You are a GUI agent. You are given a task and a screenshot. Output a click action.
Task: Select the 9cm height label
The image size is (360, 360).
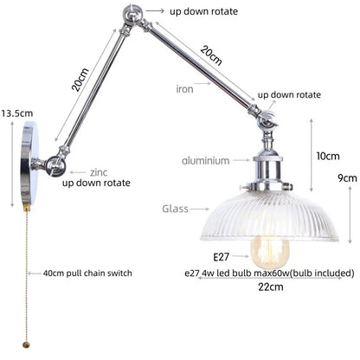click(x=347, y=178)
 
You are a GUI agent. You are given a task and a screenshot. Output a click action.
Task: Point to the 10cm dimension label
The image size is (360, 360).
click(x=327, y=157)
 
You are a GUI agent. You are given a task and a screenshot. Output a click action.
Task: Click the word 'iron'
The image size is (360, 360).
click(x=185, y=89)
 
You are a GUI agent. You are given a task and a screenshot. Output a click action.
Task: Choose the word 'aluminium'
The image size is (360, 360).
click(x=205, y=160)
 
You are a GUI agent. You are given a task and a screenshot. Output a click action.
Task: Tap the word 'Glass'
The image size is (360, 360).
click(x=175, y=209)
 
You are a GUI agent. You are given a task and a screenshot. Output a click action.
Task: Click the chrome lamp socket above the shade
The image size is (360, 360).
click(x=267, y=170)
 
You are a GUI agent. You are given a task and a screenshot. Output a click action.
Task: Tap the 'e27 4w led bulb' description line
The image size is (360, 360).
click(x=268, y=273)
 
